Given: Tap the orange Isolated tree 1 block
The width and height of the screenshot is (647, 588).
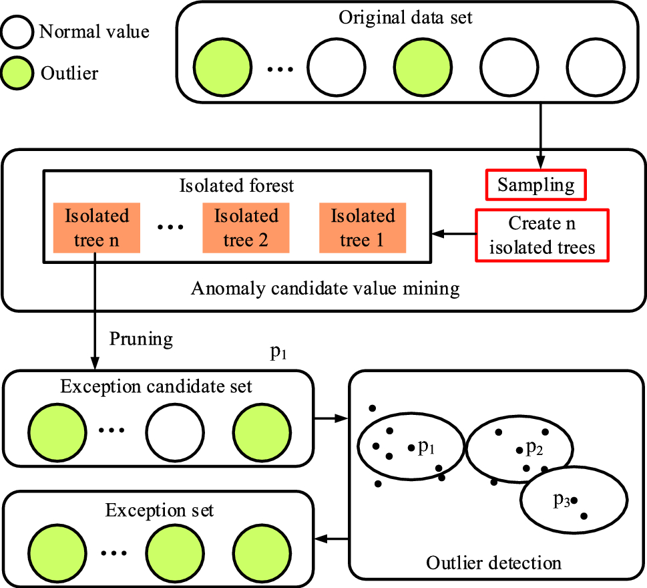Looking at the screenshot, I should point(363,228).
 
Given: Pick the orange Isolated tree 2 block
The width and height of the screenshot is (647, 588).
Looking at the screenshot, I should point(246,228).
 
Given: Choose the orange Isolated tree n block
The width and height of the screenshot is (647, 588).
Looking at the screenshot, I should point(97,228).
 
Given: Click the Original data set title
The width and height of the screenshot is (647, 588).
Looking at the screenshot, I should point(405,17).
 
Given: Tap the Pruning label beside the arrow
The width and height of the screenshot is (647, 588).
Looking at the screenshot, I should point(141,339).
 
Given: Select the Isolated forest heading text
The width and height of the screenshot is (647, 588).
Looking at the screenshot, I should point(236,186).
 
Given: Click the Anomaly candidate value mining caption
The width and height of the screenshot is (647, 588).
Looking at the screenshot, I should point(325,289).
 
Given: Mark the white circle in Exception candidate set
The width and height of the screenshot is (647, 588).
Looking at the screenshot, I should point(174,430).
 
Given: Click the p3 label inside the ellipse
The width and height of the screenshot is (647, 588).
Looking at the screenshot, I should point(561,500).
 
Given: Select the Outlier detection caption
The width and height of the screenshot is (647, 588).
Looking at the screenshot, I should point(493,563).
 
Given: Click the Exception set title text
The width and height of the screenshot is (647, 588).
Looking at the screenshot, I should point(159,510).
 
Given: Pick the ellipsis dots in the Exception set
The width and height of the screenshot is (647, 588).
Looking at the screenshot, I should point(114,553).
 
